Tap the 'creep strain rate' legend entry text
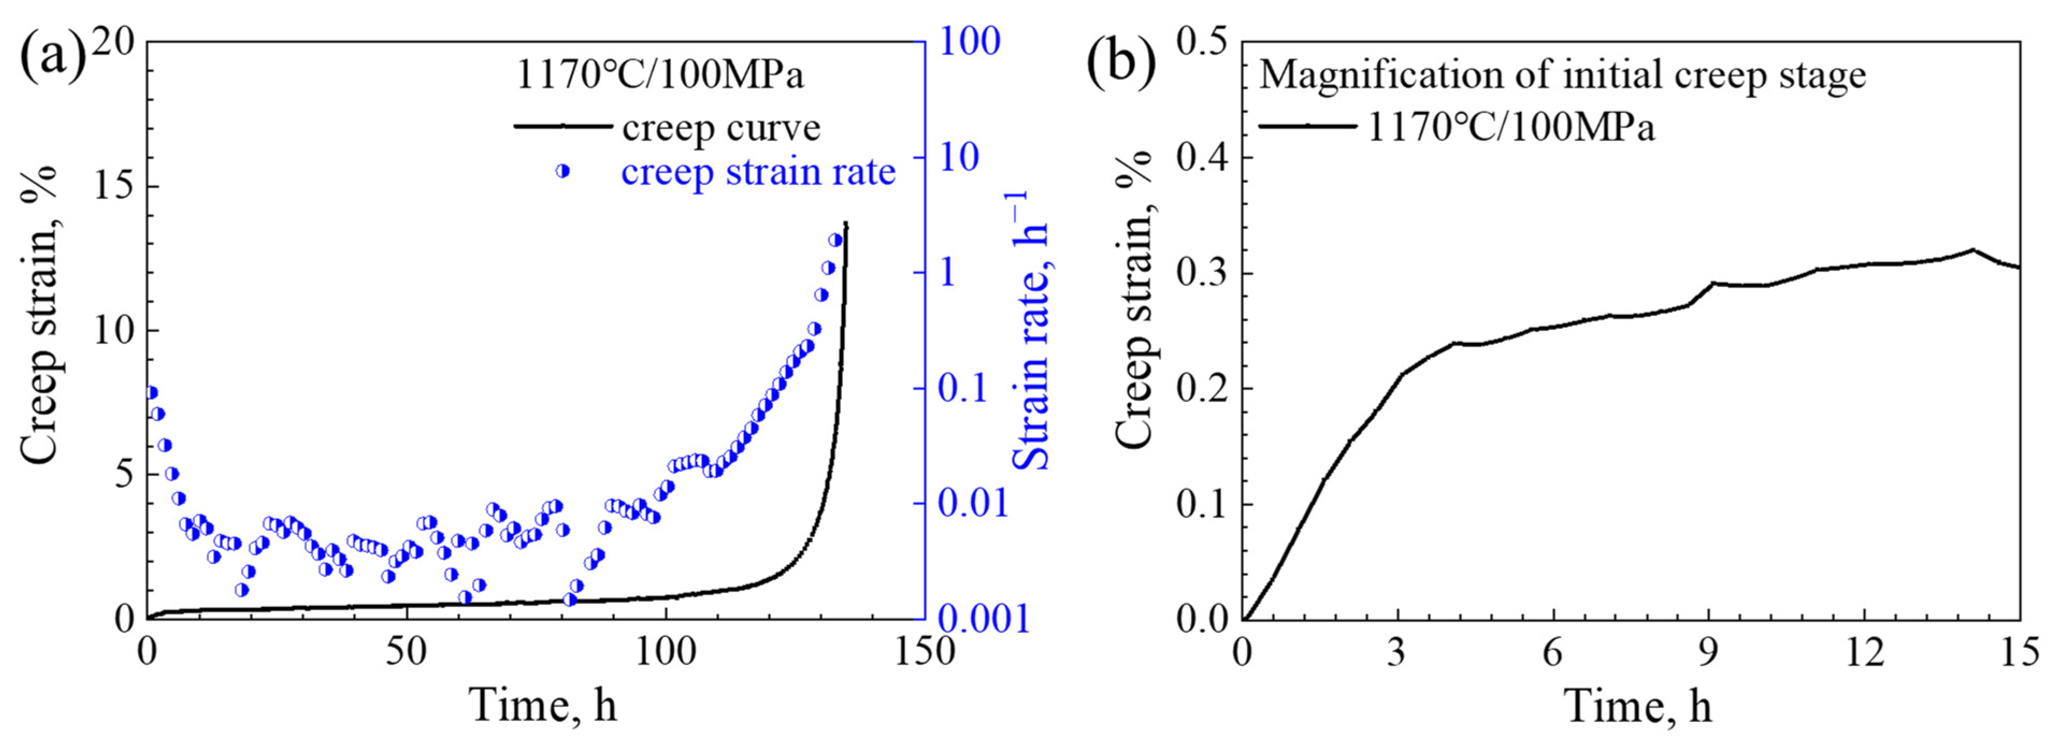(758, 172)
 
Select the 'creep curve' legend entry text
(720, 127)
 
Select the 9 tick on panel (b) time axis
(1708, 653)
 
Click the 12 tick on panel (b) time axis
(1864, 653)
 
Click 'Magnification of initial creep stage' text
(1562, 76)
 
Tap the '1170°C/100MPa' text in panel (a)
(660, 76)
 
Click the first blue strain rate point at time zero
(151, 392)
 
